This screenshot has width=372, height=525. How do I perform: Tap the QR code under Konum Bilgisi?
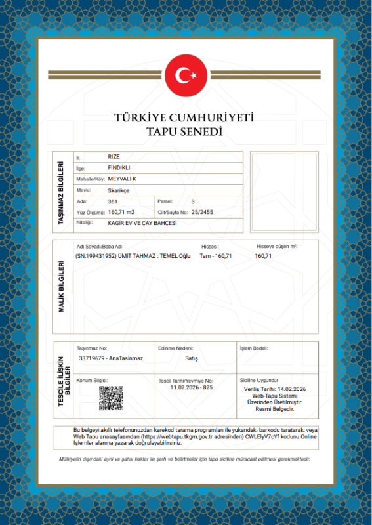[x=111, y=398]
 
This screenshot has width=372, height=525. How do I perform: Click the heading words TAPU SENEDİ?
[x=185, y=132]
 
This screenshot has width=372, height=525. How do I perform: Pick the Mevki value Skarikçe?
[x=119, y=190]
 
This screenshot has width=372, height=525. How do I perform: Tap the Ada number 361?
[x=112, y=201]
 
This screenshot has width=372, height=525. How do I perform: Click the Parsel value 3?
[x=193, y=201]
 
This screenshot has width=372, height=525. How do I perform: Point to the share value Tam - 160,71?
[x=216, y=256]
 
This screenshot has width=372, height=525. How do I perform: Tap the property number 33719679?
[x=93, y=358]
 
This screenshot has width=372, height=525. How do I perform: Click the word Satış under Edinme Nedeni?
[x=192, y=358]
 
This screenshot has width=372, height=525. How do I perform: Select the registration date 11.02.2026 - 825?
[x=192, y=388]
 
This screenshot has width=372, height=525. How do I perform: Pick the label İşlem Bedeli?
[x=253, y=348]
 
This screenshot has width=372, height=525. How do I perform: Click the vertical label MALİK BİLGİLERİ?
[x=62, y=286]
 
